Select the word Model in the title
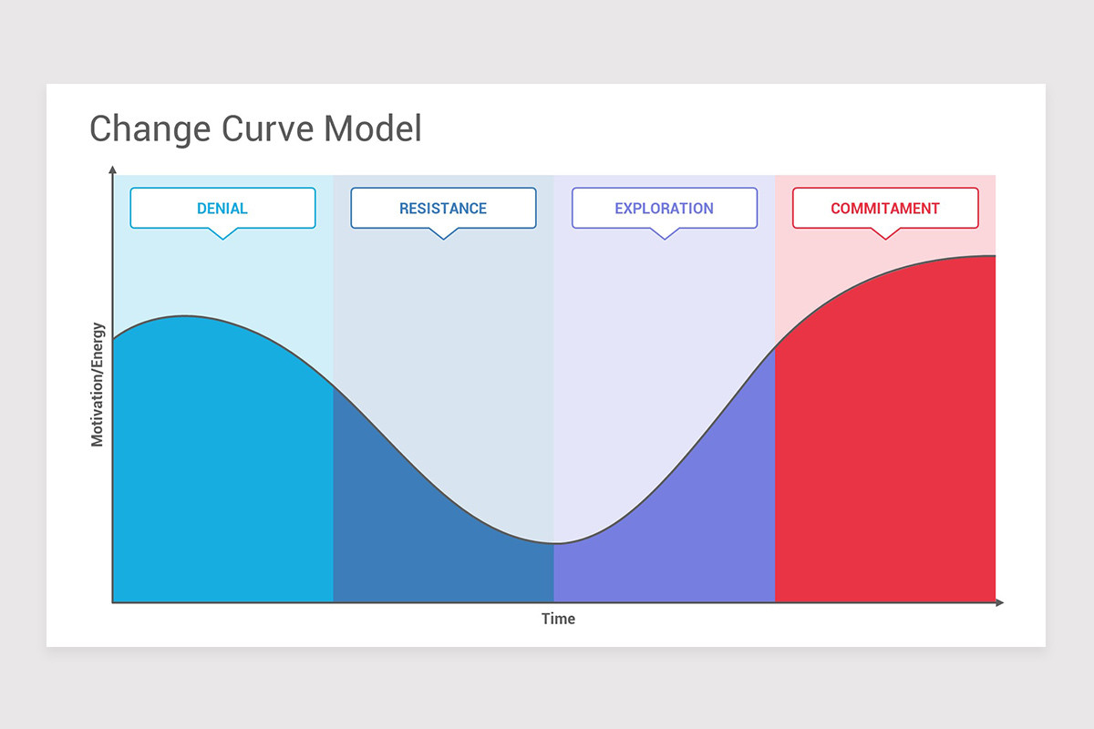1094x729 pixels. (x=373, y=128)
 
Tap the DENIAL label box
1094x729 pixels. (x=222, y=208)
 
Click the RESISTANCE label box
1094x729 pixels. (x=443, y=208)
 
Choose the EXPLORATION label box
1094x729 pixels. (x=664, y=208)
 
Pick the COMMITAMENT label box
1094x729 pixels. (x=884, y=208)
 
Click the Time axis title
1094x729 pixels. (x=558, y=619)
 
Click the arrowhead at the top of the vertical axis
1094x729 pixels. (x=112, y=169)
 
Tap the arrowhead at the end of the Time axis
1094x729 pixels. (x=999, y=602)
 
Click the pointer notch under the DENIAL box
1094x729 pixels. (x=222, y=234)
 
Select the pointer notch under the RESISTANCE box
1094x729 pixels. (x=443, y=234)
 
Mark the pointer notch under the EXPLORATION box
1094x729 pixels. (x=664, y=234)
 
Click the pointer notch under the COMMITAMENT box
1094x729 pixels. (x=884, y=234)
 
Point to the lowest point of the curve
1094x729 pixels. (x=554, y=544)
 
